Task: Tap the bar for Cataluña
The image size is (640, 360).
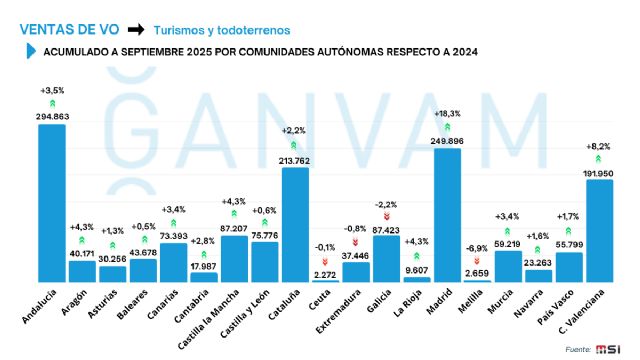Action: click(x=295, y=225)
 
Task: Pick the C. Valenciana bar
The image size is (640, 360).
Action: click(x=599, y=231)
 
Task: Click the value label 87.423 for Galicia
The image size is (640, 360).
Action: click(x=386, y=229)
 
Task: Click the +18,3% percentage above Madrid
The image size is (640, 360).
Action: click(x=447, y=114)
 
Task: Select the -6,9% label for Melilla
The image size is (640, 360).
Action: click(x=478, y=247)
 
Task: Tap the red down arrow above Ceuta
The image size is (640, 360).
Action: click(x=325, y=261)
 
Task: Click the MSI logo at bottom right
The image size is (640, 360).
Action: click(x=610, y=348)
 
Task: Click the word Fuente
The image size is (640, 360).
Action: click(x=577, y=348)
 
